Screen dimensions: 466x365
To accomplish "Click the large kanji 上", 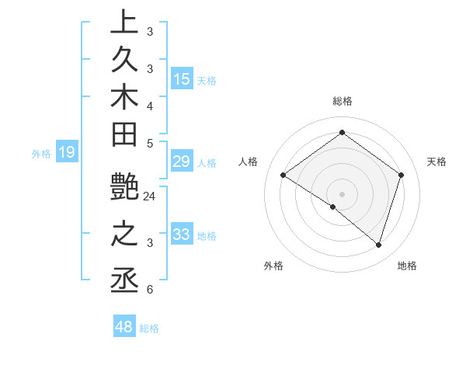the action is coord(124,23).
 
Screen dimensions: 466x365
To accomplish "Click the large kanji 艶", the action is coord(124,190).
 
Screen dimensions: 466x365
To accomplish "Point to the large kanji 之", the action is coord(124,235).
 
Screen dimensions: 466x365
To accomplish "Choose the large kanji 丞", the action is coord(124,280).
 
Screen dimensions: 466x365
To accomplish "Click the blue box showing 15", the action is coord(182,79).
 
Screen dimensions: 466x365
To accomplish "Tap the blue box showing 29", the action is coord(182,162).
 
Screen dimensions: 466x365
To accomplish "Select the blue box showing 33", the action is coord(182,235).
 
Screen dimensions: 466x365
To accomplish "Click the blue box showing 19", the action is coord(67,152).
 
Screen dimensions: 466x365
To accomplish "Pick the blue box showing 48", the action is coord(124,327).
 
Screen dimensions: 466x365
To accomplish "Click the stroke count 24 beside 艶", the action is coord(150,196).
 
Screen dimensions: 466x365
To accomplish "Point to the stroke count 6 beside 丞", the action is coord(150,290).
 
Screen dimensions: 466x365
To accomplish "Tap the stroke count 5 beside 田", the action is coord(150,143).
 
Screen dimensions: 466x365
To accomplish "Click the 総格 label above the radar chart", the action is coord(342,101).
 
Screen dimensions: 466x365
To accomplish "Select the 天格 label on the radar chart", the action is coord(437,162).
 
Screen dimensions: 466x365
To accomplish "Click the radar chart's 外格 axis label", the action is coord(273,266).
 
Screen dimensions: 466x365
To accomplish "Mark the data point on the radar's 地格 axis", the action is coord(378,245).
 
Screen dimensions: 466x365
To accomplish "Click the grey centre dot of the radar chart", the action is coord(342,193).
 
